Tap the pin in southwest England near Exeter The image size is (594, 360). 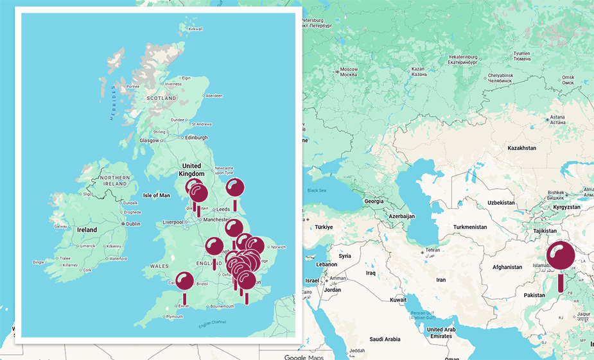(x=185, y=282)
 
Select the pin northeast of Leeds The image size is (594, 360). (x=235, y=188)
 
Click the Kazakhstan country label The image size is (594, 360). (x=521, y=148)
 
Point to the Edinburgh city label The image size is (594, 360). (x=197, y=137)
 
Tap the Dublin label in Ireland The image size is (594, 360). (x=134, y=224)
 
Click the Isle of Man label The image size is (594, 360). (x=157, y=195)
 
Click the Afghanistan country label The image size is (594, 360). (x=511, y=267)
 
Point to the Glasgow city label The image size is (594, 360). (x=150, y=140)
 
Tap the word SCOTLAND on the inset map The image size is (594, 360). (x=161, y=98)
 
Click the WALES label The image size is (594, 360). (x=159, y=266)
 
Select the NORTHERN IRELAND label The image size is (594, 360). (x=115, y=180)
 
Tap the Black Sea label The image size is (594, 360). (x=317, y=191)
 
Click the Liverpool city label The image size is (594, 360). (x=173, y=222)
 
